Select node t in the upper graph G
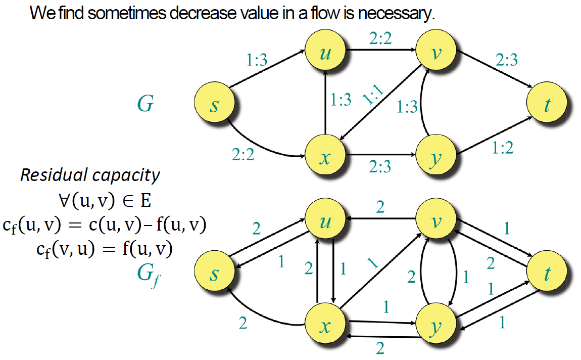tap(546, 106)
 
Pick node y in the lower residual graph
tap(435, 327)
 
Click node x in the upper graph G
tap(325, 158)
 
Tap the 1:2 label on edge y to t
tap(503, 147)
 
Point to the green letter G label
tap(145, 105)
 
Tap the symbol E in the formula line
tap(145, 201)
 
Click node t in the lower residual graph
tap(546, 274)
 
